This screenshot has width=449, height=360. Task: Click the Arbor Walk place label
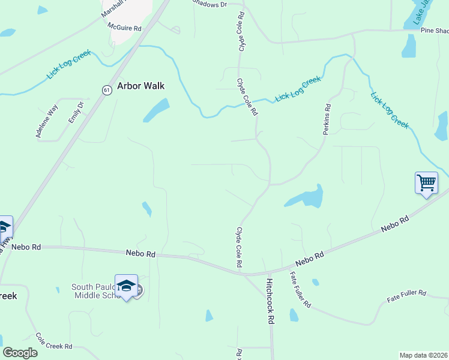coord(140,86)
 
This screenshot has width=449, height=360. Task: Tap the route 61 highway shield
coord(106,90)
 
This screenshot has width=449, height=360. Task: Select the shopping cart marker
coord(426,182)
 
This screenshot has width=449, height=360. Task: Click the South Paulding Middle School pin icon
coord(126,286)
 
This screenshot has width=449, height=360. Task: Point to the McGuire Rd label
coord(124,28)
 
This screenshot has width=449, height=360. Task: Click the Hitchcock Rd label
coord(270,301)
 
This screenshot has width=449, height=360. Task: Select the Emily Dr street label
coord(76,112)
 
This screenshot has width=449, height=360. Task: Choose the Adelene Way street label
coord(47,122)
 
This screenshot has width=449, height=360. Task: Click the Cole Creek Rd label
coord(53,341)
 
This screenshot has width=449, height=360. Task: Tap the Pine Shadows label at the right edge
coord(434,31)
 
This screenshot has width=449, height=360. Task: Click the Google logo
coord(20,352)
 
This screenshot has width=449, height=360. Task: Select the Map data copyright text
coord(424,355)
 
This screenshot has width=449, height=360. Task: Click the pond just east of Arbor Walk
coord(155,110)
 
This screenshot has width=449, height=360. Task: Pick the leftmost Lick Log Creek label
coord(68,65)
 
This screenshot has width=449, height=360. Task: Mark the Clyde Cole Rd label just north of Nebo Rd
coord(239,247)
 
